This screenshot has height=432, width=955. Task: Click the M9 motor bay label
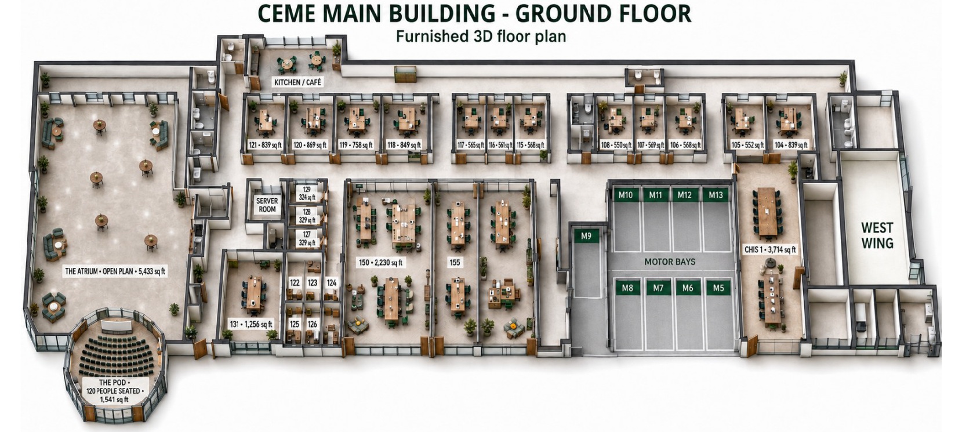pyautogui.click(x=586, y=236)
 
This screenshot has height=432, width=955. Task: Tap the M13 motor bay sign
pyautogui.click(x=716, y=195)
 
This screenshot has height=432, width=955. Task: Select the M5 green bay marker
pyautogui.click(x=718, y=288)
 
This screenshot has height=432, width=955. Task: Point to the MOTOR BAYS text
pyautogui.click(x=670, y=262)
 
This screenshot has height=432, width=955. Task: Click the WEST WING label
pyautogui.click(x=877, y=235)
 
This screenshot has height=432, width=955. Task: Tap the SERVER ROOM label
pyautogui.click(x=267, y=205)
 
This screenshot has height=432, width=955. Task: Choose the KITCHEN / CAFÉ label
pyautogui.click(x=297, y=82)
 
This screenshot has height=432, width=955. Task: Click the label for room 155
pyautogui.click(x=455, y=262)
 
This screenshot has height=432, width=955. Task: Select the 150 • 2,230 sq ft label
pyautogui.click(x=381, y=263)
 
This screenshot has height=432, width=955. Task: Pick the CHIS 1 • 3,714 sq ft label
pyautogui.click(x=770, y=249)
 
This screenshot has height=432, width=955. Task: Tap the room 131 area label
pyautogui.click(x=251, y=324)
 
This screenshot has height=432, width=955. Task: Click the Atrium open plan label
pyautogui.click(x=115, y=271)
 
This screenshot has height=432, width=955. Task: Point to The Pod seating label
pyautogui.click(x=114, y=391)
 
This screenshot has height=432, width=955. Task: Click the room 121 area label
pyautogui.click(x=265, y=145)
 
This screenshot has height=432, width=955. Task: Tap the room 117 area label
pyautogui.click(x=471, y=146)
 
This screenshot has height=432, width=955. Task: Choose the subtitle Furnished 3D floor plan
pyautogui.click(x=481, y=37)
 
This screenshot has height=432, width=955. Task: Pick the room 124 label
pyautogui.click(x=331, y=282)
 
